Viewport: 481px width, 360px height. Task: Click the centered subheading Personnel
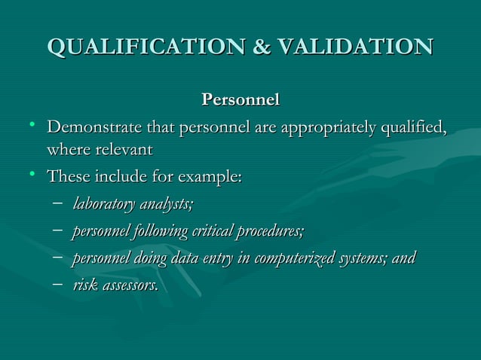[240, 99]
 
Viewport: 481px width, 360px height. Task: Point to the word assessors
[130, 285]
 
